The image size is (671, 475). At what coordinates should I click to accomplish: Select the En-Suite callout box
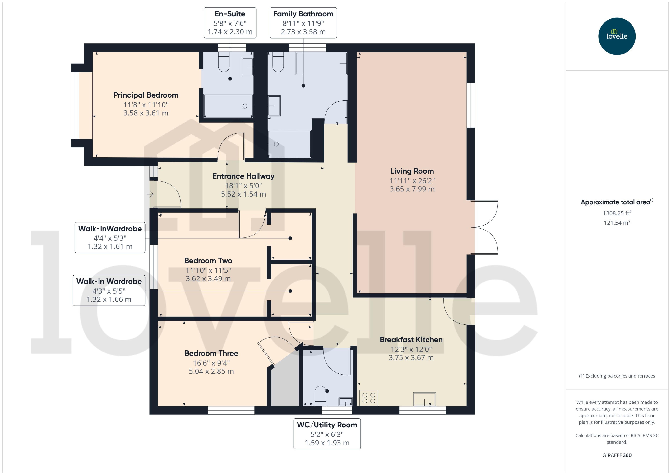[230, 23]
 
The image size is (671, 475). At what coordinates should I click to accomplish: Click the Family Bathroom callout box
[303, 23]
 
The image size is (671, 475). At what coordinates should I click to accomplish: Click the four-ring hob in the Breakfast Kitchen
[368, 398]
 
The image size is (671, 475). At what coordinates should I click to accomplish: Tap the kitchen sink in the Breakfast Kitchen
[424, 399]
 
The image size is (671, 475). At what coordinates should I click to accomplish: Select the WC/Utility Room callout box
[327, 434]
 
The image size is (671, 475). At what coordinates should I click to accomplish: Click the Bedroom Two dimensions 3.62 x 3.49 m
[208, 278]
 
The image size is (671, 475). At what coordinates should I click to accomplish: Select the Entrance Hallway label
[243, 176]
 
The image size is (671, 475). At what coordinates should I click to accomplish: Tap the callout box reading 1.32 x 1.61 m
[110, 237]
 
